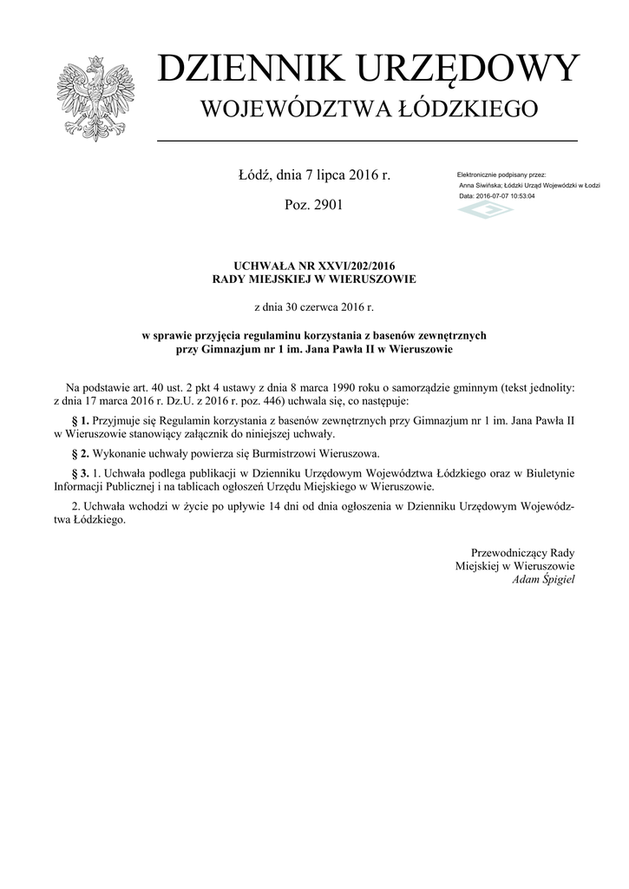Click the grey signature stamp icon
(486, 210)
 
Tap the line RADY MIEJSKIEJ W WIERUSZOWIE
(314, 280)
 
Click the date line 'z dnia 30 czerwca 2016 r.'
(314, 306)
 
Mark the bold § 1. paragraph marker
(79, 420)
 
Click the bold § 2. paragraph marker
(79, 453)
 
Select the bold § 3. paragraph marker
(79, 473)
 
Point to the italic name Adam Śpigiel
(543, 579)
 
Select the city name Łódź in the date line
(255, 176)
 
